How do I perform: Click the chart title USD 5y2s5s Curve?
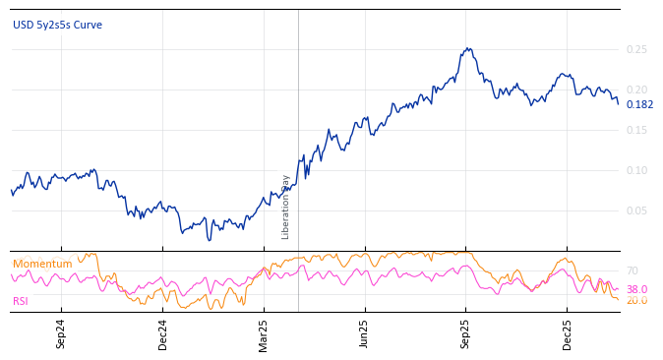click(x=57, y=26)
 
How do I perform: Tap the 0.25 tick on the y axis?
click(x=636, y=49)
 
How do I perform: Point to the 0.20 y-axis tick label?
click(x=636, y=90)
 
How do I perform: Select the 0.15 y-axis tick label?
click(x=636, y=130)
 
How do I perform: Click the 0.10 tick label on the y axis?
click(x=636, y=170)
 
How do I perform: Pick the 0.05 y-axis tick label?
click(x=636, y=210)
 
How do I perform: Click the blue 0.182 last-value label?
click(x=639, y=105)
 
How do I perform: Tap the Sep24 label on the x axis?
click(x=61, y=334)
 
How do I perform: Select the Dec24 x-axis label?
click(x=163, y=334)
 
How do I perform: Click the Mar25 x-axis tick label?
click(x=264, y=334)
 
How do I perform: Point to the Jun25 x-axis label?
click(x=365, y=334)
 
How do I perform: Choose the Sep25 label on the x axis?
click(x=466, y=334)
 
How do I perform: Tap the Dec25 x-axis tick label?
click(x=568, y=334)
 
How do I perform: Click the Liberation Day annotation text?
click(x=286, y=207)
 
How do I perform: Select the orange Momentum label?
click(x=42, y=264)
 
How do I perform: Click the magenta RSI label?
click(x=21, y=301)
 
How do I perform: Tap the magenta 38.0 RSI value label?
click(x=636, y=289)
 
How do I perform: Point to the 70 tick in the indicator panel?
click(x=632, y=270)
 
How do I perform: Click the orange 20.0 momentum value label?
click(x=636, y=300)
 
